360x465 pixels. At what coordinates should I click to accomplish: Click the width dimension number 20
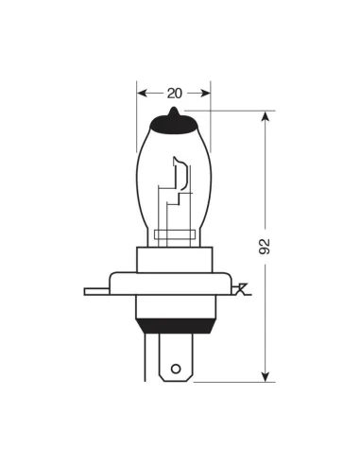174,93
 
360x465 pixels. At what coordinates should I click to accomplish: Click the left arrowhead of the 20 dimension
142,93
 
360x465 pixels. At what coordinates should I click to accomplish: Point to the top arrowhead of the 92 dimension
265,116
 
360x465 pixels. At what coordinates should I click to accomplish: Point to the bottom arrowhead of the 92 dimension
265,375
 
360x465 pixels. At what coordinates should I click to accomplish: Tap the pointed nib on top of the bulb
174,112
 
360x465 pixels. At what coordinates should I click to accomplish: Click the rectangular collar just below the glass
174,258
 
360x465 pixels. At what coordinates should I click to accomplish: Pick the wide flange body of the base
174,284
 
